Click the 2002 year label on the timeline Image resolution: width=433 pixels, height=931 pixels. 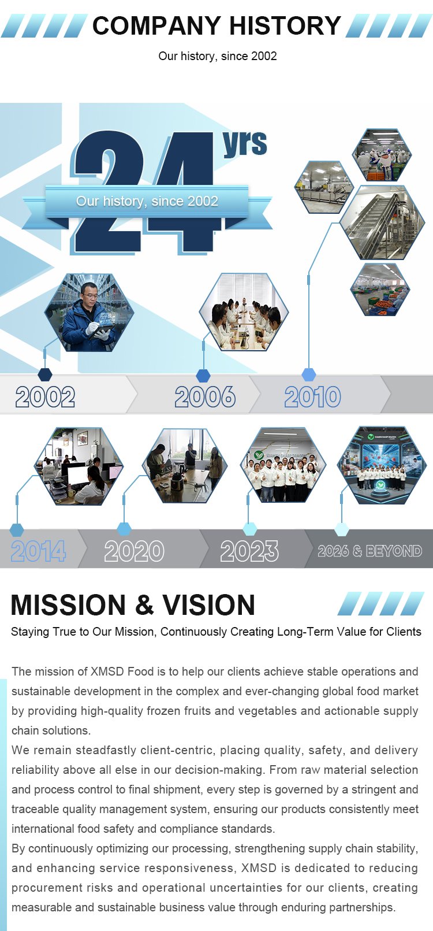tap(45, 396)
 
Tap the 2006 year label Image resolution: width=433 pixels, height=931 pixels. tap(205, 396)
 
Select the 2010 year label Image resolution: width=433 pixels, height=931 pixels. tap(312, 396)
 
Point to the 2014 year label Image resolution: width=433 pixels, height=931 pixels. tap(38, 551)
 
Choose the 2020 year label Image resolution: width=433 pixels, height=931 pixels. tap(134, 551)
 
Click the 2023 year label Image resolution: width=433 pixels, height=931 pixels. tap(249, 551)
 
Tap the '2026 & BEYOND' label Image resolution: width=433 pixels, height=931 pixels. tap(370, 551)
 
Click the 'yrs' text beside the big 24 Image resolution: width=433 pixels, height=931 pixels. tap(245, 144)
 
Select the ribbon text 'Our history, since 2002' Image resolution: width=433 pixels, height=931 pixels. tap(147, 201)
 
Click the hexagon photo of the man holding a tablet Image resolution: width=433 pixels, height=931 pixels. tap(89, 312)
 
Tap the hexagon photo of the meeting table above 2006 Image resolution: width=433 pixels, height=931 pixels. tap(244, 311)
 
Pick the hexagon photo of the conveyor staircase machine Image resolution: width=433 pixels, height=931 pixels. tap(382, 222)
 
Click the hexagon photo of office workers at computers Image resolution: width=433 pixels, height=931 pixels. tap(79, 466)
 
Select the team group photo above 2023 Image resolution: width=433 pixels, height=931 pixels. tap(283, 465)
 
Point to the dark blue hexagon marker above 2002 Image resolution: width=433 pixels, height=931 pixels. tap(45, 374)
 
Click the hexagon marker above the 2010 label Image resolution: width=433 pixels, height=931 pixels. tap(308, 374)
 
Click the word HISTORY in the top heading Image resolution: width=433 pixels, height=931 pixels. tap(285, 25)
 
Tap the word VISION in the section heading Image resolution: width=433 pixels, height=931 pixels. tap(209, 604)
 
